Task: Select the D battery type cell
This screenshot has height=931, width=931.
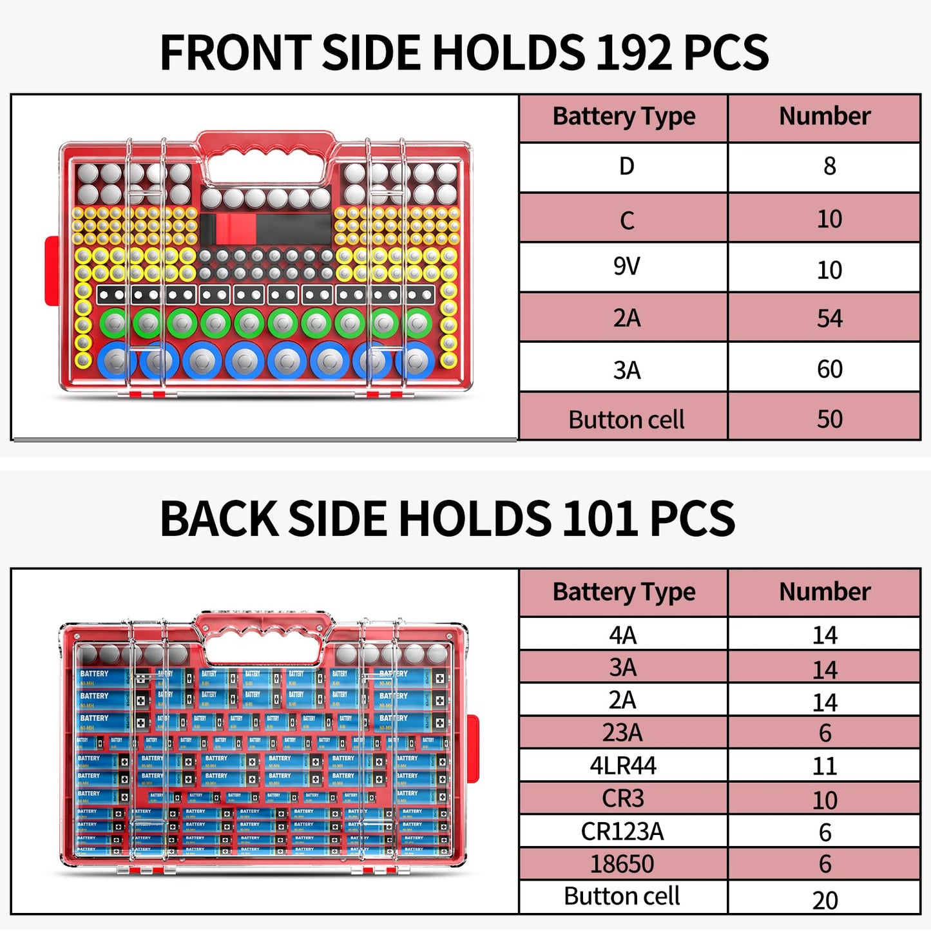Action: pos(626,167)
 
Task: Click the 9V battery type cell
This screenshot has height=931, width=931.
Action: pos(626,266)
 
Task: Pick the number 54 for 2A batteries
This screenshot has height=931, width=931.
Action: pos(829,318)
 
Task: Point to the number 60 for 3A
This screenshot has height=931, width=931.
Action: pos(829,369)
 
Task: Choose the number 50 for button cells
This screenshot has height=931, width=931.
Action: pos(829,419)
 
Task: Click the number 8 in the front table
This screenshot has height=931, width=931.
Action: pos(829,167)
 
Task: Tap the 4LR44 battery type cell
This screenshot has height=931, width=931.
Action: pos(623,766)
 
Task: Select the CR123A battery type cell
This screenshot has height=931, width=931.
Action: pos(622,832)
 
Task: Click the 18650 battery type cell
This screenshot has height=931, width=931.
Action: pos(622,864)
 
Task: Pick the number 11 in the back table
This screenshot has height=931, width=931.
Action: pos(825,766)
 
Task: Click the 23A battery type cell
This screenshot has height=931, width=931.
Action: pos(622,733)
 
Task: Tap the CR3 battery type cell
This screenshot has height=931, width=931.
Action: pos(622,799)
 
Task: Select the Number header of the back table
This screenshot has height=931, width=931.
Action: pos(825,591)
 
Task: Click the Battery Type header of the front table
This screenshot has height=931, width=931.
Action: pos(624,117)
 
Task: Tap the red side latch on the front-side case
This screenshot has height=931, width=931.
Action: pos(51,271)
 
